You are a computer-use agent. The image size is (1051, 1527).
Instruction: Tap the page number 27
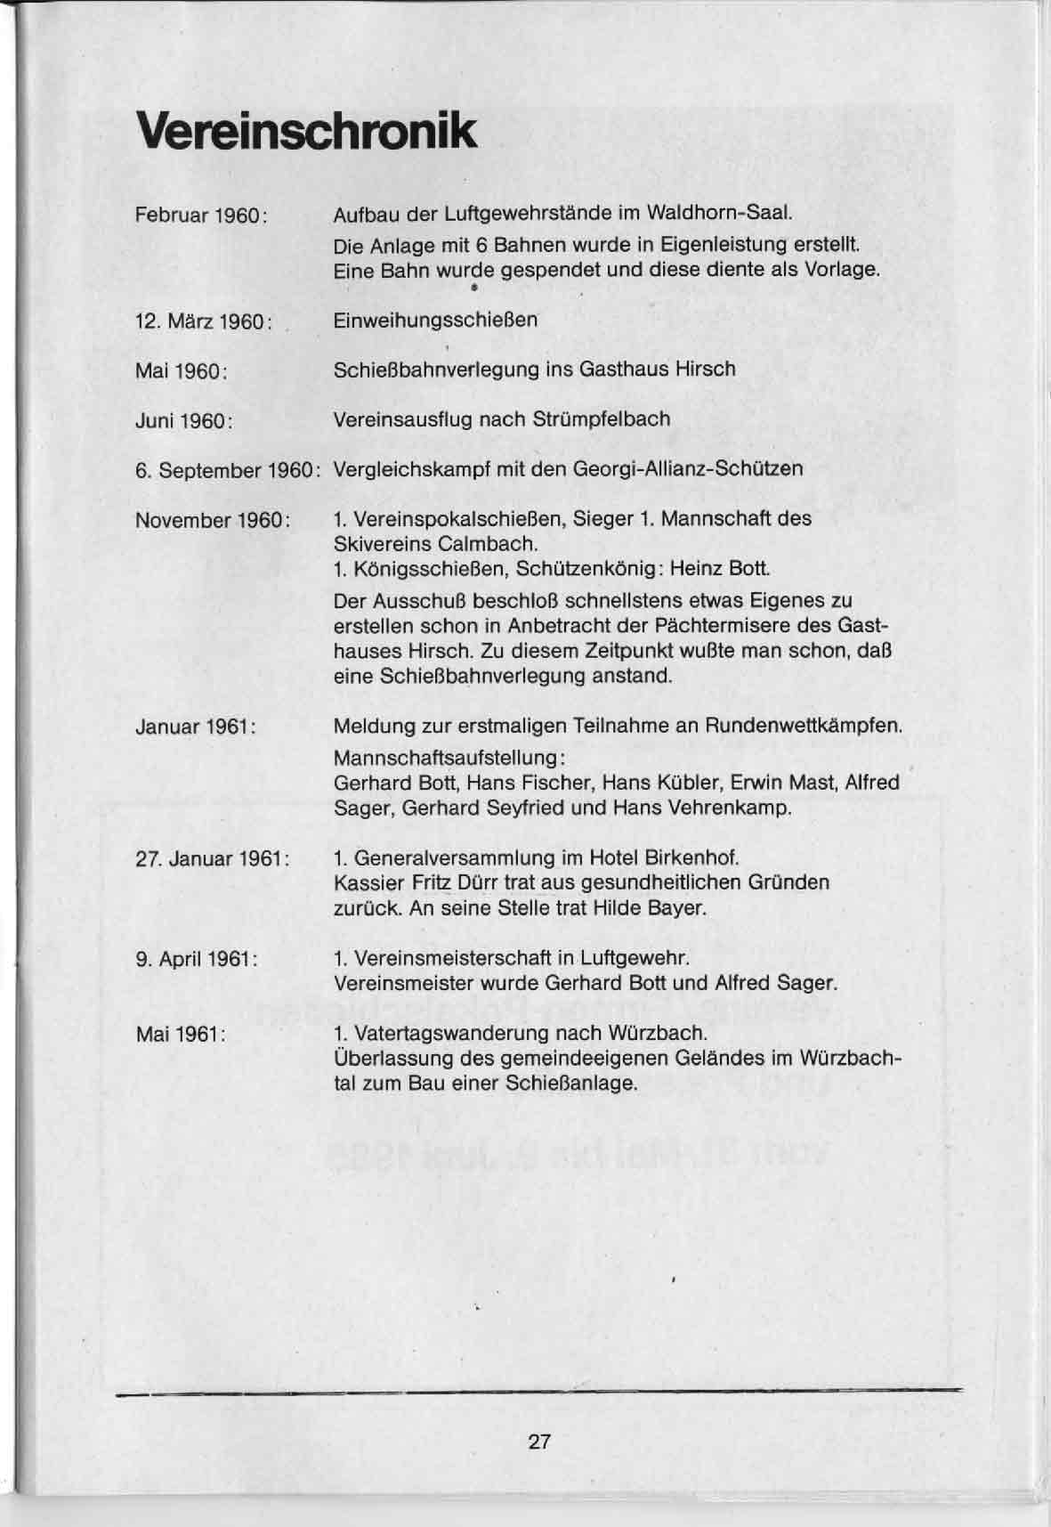coord(539,1441)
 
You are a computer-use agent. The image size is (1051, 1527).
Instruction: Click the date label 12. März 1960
coord(202,321)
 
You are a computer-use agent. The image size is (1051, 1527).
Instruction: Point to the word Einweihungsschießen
coord(435,320)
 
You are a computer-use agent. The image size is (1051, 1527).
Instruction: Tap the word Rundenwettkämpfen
coord(803,726)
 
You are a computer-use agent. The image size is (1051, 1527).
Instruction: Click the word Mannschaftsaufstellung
coord(444,759)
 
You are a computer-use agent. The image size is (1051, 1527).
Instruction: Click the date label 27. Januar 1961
coord(212,859)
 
